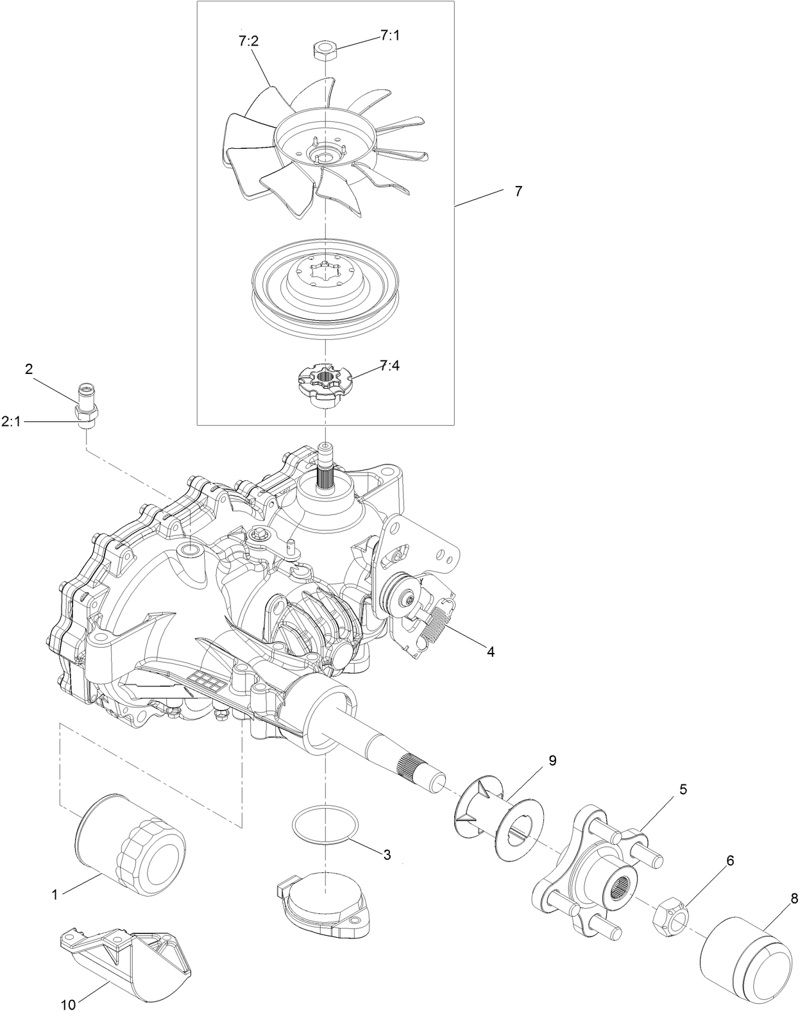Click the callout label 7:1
click(389, 35)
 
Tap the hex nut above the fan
click(325, 49)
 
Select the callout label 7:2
click(248, 41)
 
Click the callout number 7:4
click(389, 365)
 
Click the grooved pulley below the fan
click(326, 288)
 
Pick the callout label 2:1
click(12, 421)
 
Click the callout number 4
click(491, 652)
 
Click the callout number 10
click(69, 1004)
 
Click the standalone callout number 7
click(518, 191)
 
